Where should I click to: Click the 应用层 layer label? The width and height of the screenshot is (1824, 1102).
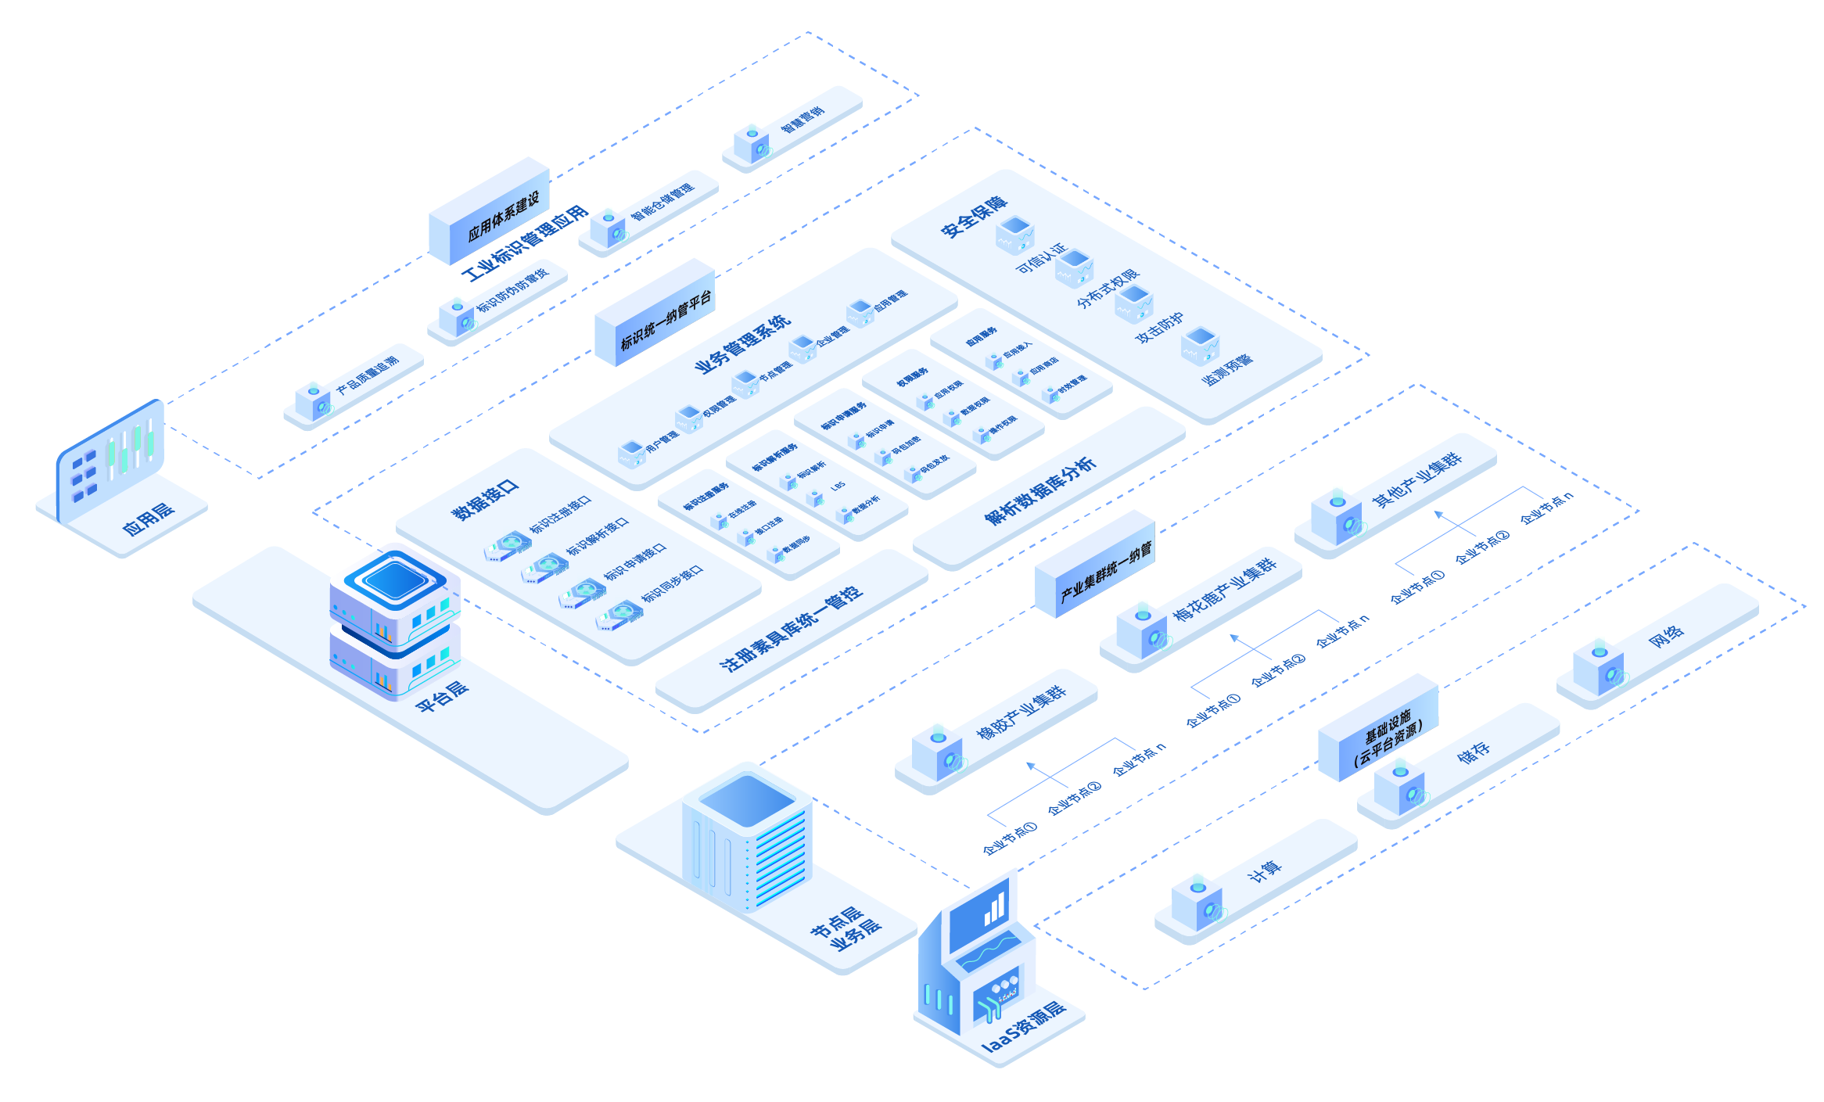(149, 519)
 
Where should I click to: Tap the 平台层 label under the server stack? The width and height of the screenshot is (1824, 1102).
(443, 695)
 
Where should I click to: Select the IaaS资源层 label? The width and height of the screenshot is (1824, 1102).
(1024, 1025)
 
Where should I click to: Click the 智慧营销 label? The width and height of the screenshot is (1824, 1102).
(803, 118)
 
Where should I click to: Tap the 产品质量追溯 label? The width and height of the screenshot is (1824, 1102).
(368, 375)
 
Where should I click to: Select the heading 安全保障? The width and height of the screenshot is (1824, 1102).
(974, 217)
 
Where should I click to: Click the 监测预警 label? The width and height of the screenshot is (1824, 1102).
(1227, 368)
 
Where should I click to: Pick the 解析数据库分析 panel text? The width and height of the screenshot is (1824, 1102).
(1040, 491)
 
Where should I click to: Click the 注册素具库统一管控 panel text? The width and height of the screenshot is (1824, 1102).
(792, 628)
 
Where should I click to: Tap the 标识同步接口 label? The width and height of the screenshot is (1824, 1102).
(673, 584)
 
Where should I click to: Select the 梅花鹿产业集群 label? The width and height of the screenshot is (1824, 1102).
(1225, 587)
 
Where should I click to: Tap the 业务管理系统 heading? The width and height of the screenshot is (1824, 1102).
(743, 345)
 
